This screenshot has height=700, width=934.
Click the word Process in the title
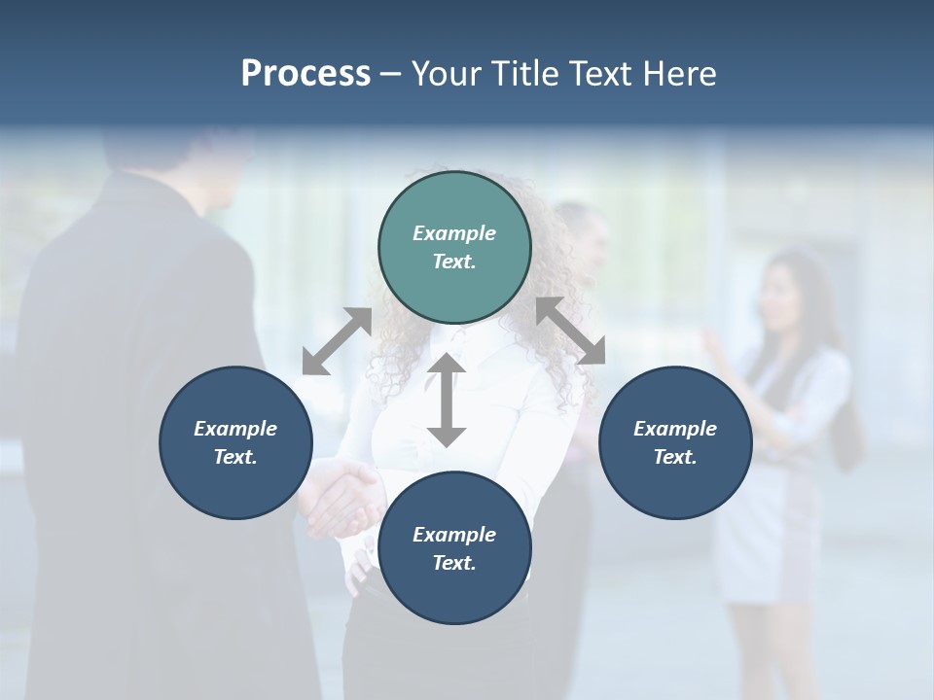pos(305,74)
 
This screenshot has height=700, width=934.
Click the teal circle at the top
pos(454,248)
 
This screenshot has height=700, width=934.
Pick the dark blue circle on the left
pos(235,442)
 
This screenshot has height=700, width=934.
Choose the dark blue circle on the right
pos(675,442)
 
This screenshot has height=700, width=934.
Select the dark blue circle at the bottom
pos(454,548)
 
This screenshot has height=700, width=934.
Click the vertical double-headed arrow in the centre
pos(447,400)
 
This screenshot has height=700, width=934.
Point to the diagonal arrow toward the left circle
pos(337,341)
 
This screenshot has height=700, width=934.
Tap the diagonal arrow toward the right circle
pos(570,332)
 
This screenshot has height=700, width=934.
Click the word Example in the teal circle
pos(454,233)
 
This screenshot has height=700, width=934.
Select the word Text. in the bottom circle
pos(454,563)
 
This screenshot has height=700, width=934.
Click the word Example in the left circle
pos(235,429)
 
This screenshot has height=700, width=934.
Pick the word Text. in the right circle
pos(675,457)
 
